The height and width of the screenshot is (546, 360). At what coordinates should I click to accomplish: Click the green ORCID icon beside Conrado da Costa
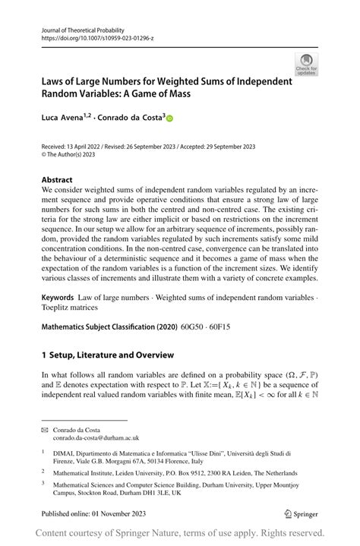(169, 118)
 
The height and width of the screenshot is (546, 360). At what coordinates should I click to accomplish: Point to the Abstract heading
(58, 180)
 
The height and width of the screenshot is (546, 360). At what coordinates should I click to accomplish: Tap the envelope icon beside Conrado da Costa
(44, 429)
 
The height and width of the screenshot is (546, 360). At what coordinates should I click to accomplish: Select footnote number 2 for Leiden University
(44, 471)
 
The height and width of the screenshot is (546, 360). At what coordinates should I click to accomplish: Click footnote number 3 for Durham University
(44, 482)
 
